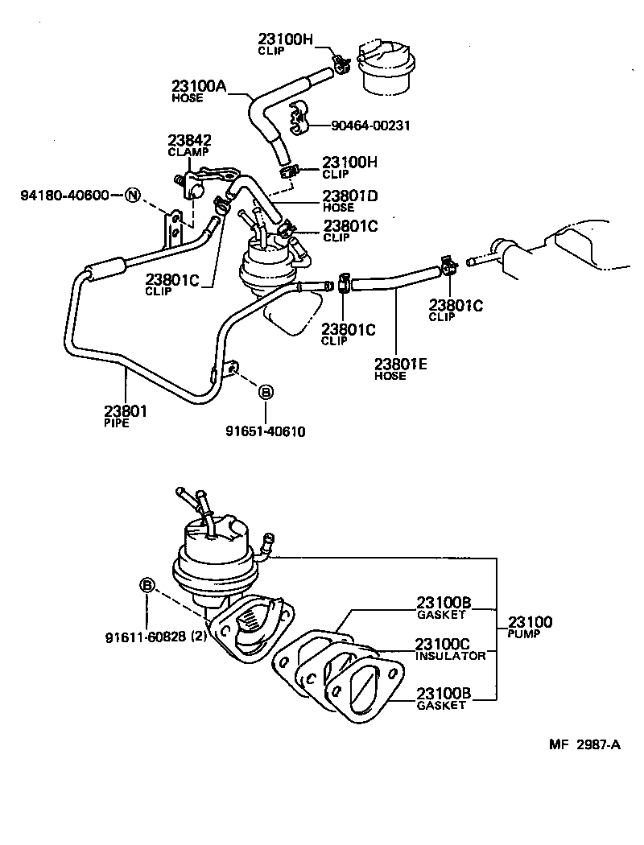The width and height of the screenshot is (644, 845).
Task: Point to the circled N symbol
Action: click(132, 196)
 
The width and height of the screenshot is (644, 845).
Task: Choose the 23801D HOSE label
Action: click(349, 200)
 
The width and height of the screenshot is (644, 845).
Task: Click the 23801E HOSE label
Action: click(399, 369)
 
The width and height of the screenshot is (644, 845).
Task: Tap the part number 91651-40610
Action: click(265, 431)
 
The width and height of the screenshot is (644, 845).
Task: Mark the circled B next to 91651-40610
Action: click(265, 392)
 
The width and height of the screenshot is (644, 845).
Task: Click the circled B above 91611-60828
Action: click(147, 585)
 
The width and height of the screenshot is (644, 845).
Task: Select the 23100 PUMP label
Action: click(530, 626)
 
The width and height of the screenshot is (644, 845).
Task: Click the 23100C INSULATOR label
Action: click(450, 649)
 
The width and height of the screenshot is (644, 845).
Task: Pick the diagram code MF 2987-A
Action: click(585, 744)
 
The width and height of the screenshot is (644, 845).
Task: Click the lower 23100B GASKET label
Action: click(442, 698)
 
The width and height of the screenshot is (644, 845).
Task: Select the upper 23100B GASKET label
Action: click(442, 607)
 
